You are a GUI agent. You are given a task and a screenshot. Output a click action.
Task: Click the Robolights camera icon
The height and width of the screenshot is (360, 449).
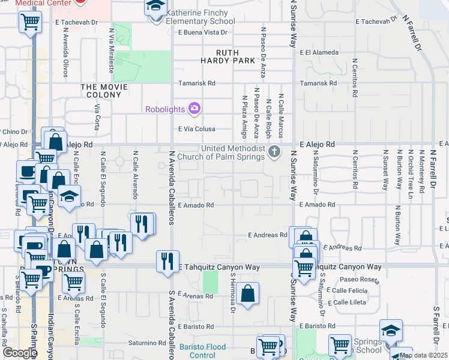[x=194, y=109]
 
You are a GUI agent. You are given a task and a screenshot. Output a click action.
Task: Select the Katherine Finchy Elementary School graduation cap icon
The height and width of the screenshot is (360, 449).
[x=155, y=8]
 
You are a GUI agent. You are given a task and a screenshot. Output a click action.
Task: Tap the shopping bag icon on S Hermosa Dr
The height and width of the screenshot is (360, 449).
[x=247, y=293]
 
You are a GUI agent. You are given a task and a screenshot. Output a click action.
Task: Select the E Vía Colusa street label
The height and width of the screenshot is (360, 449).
[x=196, y=129]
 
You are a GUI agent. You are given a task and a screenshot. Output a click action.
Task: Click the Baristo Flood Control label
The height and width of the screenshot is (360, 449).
[x=202, y=351]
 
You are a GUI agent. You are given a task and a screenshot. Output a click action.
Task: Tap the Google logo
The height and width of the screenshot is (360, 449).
[x=20, y=353]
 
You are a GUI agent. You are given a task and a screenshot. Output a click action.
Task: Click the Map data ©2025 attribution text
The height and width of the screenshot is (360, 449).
[x=423, y=355]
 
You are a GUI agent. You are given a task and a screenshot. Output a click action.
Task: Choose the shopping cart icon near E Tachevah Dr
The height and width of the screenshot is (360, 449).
[x=29, y=23]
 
